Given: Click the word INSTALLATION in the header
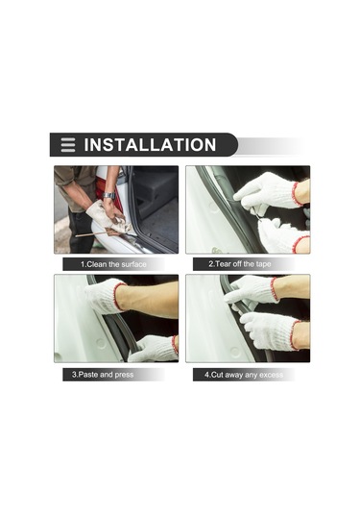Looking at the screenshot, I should (150, 145).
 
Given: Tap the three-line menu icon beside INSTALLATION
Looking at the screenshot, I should (67, 145).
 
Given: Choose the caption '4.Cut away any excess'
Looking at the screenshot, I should (245, 374).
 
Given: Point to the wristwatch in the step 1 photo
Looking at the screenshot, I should (109, 196).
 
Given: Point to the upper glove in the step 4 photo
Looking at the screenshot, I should (252, 289).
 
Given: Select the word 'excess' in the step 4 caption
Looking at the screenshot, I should (270, 374).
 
